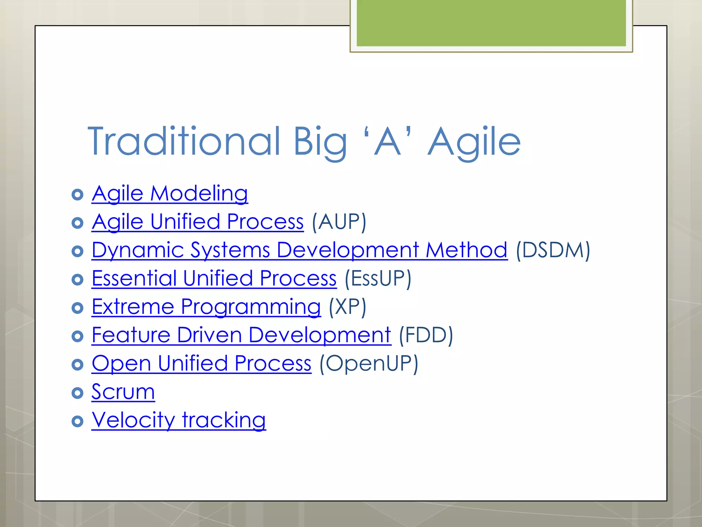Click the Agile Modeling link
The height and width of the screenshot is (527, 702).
[x=170, y=194]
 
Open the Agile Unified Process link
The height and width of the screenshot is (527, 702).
[x=197, y=222]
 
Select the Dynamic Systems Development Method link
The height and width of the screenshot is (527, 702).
[x=299, y=250]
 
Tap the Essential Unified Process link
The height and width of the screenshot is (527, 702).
[x=214, y=278]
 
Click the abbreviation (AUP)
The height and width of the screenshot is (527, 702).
[x=339, y=222]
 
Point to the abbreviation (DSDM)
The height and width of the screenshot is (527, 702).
[x=553, y=250]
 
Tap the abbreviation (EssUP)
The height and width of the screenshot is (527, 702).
[x=378, y=278]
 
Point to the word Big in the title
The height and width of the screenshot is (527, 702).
[x=320, y=142]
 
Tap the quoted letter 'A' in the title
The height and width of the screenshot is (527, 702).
[x=388, y=141]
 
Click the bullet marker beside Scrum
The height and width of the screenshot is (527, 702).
[x=77, y=393]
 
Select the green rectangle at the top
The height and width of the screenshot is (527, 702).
[x=491, y=23]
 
